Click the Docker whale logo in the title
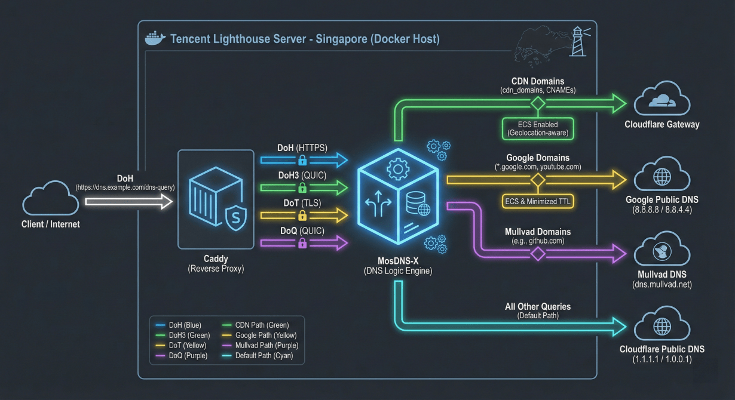(155, 38)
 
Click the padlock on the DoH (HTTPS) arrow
(302, 160)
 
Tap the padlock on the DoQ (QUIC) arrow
(302, 243)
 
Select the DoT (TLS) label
(302, 203)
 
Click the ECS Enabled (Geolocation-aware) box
(537, 128)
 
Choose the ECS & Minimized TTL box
(538, 201)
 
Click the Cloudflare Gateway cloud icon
(661, 100)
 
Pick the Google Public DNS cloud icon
(661, 176)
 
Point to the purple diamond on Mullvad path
(538, 254)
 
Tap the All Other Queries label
(538, 306)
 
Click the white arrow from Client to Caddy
(128, 202)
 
